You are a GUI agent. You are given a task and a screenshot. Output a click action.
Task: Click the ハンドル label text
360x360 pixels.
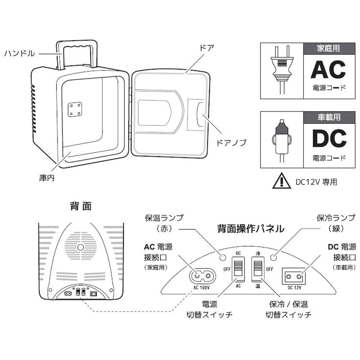tap(19, 54)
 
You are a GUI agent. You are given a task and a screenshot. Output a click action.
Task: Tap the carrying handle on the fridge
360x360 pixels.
tap(77, 45)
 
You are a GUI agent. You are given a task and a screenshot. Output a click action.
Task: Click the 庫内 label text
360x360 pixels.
tap(47, 178)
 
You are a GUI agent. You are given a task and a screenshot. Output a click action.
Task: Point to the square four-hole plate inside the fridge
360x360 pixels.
tap(75, 109)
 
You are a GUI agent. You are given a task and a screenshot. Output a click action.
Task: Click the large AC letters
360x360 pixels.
tap(328, 69)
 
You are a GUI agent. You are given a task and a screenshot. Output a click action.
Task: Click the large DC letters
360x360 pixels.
tap(328, 138)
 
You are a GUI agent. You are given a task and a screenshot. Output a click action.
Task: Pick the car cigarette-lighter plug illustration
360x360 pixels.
tap(282, 139)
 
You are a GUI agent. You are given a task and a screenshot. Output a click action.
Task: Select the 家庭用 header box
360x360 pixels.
tap(328, 48)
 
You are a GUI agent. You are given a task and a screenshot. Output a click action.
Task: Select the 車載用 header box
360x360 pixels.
tap(328, 117)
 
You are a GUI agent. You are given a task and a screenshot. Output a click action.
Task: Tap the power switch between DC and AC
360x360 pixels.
tap(238, 269)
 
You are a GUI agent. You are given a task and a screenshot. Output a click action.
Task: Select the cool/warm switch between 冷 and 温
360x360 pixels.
tap(257, 269)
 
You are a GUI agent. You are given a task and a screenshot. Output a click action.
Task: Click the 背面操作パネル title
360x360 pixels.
tap(251, 228)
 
